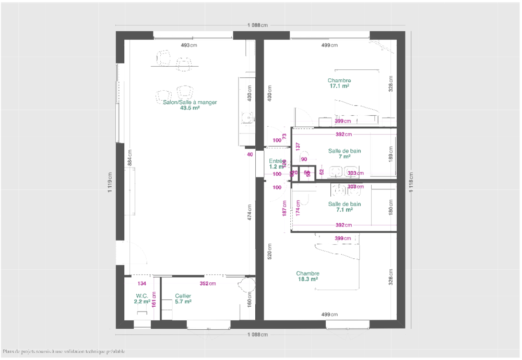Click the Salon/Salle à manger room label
click(189, 102)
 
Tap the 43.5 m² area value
click(189, 109)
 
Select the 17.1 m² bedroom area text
click(339, 87)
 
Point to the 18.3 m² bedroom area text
click(307, 279)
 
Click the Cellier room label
click(183, 296)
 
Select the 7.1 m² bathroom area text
click(344, 210)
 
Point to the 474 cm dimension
click(250, 213)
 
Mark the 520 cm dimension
click(269, 251)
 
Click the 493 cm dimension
click(189, 45)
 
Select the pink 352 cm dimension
click(208, 284)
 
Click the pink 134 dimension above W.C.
click(141, 284)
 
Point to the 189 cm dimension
click(390, 155)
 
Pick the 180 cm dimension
click(390, 208)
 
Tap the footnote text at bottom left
click(64, 352)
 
